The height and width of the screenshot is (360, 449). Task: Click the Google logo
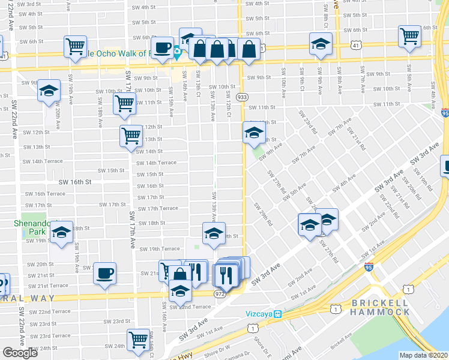click(20, 353)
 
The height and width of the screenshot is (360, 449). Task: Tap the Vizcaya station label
click(264, 314)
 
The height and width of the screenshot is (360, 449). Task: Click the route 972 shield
click(220, 293)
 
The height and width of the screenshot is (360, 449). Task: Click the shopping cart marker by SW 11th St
click(124, 103)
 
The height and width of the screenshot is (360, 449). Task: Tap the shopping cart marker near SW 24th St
click(139, 339)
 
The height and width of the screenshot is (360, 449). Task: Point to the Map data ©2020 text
click(424, 355)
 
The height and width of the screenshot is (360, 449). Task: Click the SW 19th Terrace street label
click(159, 249)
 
